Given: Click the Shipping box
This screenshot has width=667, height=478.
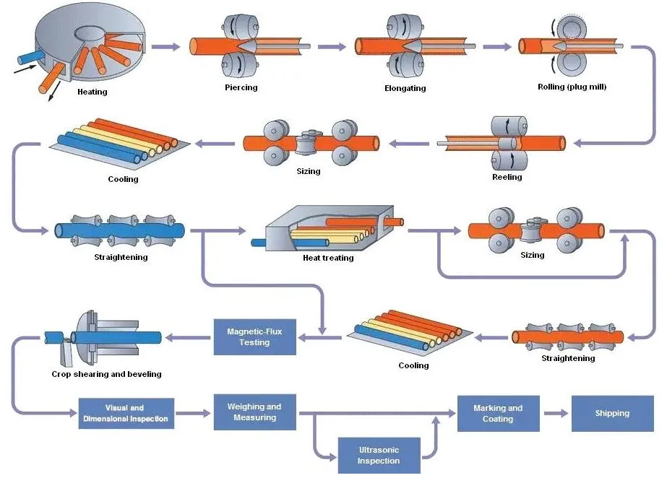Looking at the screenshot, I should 611,414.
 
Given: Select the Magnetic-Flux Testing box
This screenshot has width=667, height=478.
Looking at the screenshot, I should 254,337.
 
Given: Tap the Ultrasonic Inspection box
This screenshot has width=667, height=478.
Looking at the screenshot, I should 378,456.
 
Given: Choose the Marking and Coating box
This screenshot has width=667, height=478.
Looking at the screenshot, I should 498,413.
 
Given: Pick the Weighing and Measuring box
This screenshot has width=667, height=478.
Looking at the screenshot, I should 254,412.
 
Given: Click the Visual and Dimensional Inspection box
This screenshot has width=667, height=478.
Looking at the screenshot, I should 126,414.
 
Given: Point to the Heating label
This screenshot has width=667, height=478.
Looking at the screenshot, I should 92,92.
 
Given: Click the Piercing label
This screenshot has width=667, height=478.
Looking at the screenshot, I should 241,87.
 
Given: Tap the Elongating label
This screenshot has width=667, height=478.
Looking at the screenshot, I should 405,88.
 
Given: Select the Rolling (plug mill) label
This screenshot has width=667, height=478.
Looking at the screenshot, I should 572,87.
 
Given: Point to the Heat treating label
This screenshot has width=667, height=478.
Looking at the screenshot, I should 328,258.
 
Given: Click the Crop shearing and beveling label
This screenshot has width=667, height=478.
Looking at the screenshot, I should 106,374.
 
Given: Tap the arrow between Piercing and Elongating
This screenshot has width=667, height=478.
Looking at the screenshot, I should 332,47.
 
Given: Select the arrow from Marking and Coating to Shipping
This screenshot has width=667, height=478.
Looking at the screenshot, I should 555,414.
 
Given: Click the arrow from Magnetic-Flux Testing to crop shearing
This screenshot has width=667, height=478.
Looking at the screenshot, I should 189,337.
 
